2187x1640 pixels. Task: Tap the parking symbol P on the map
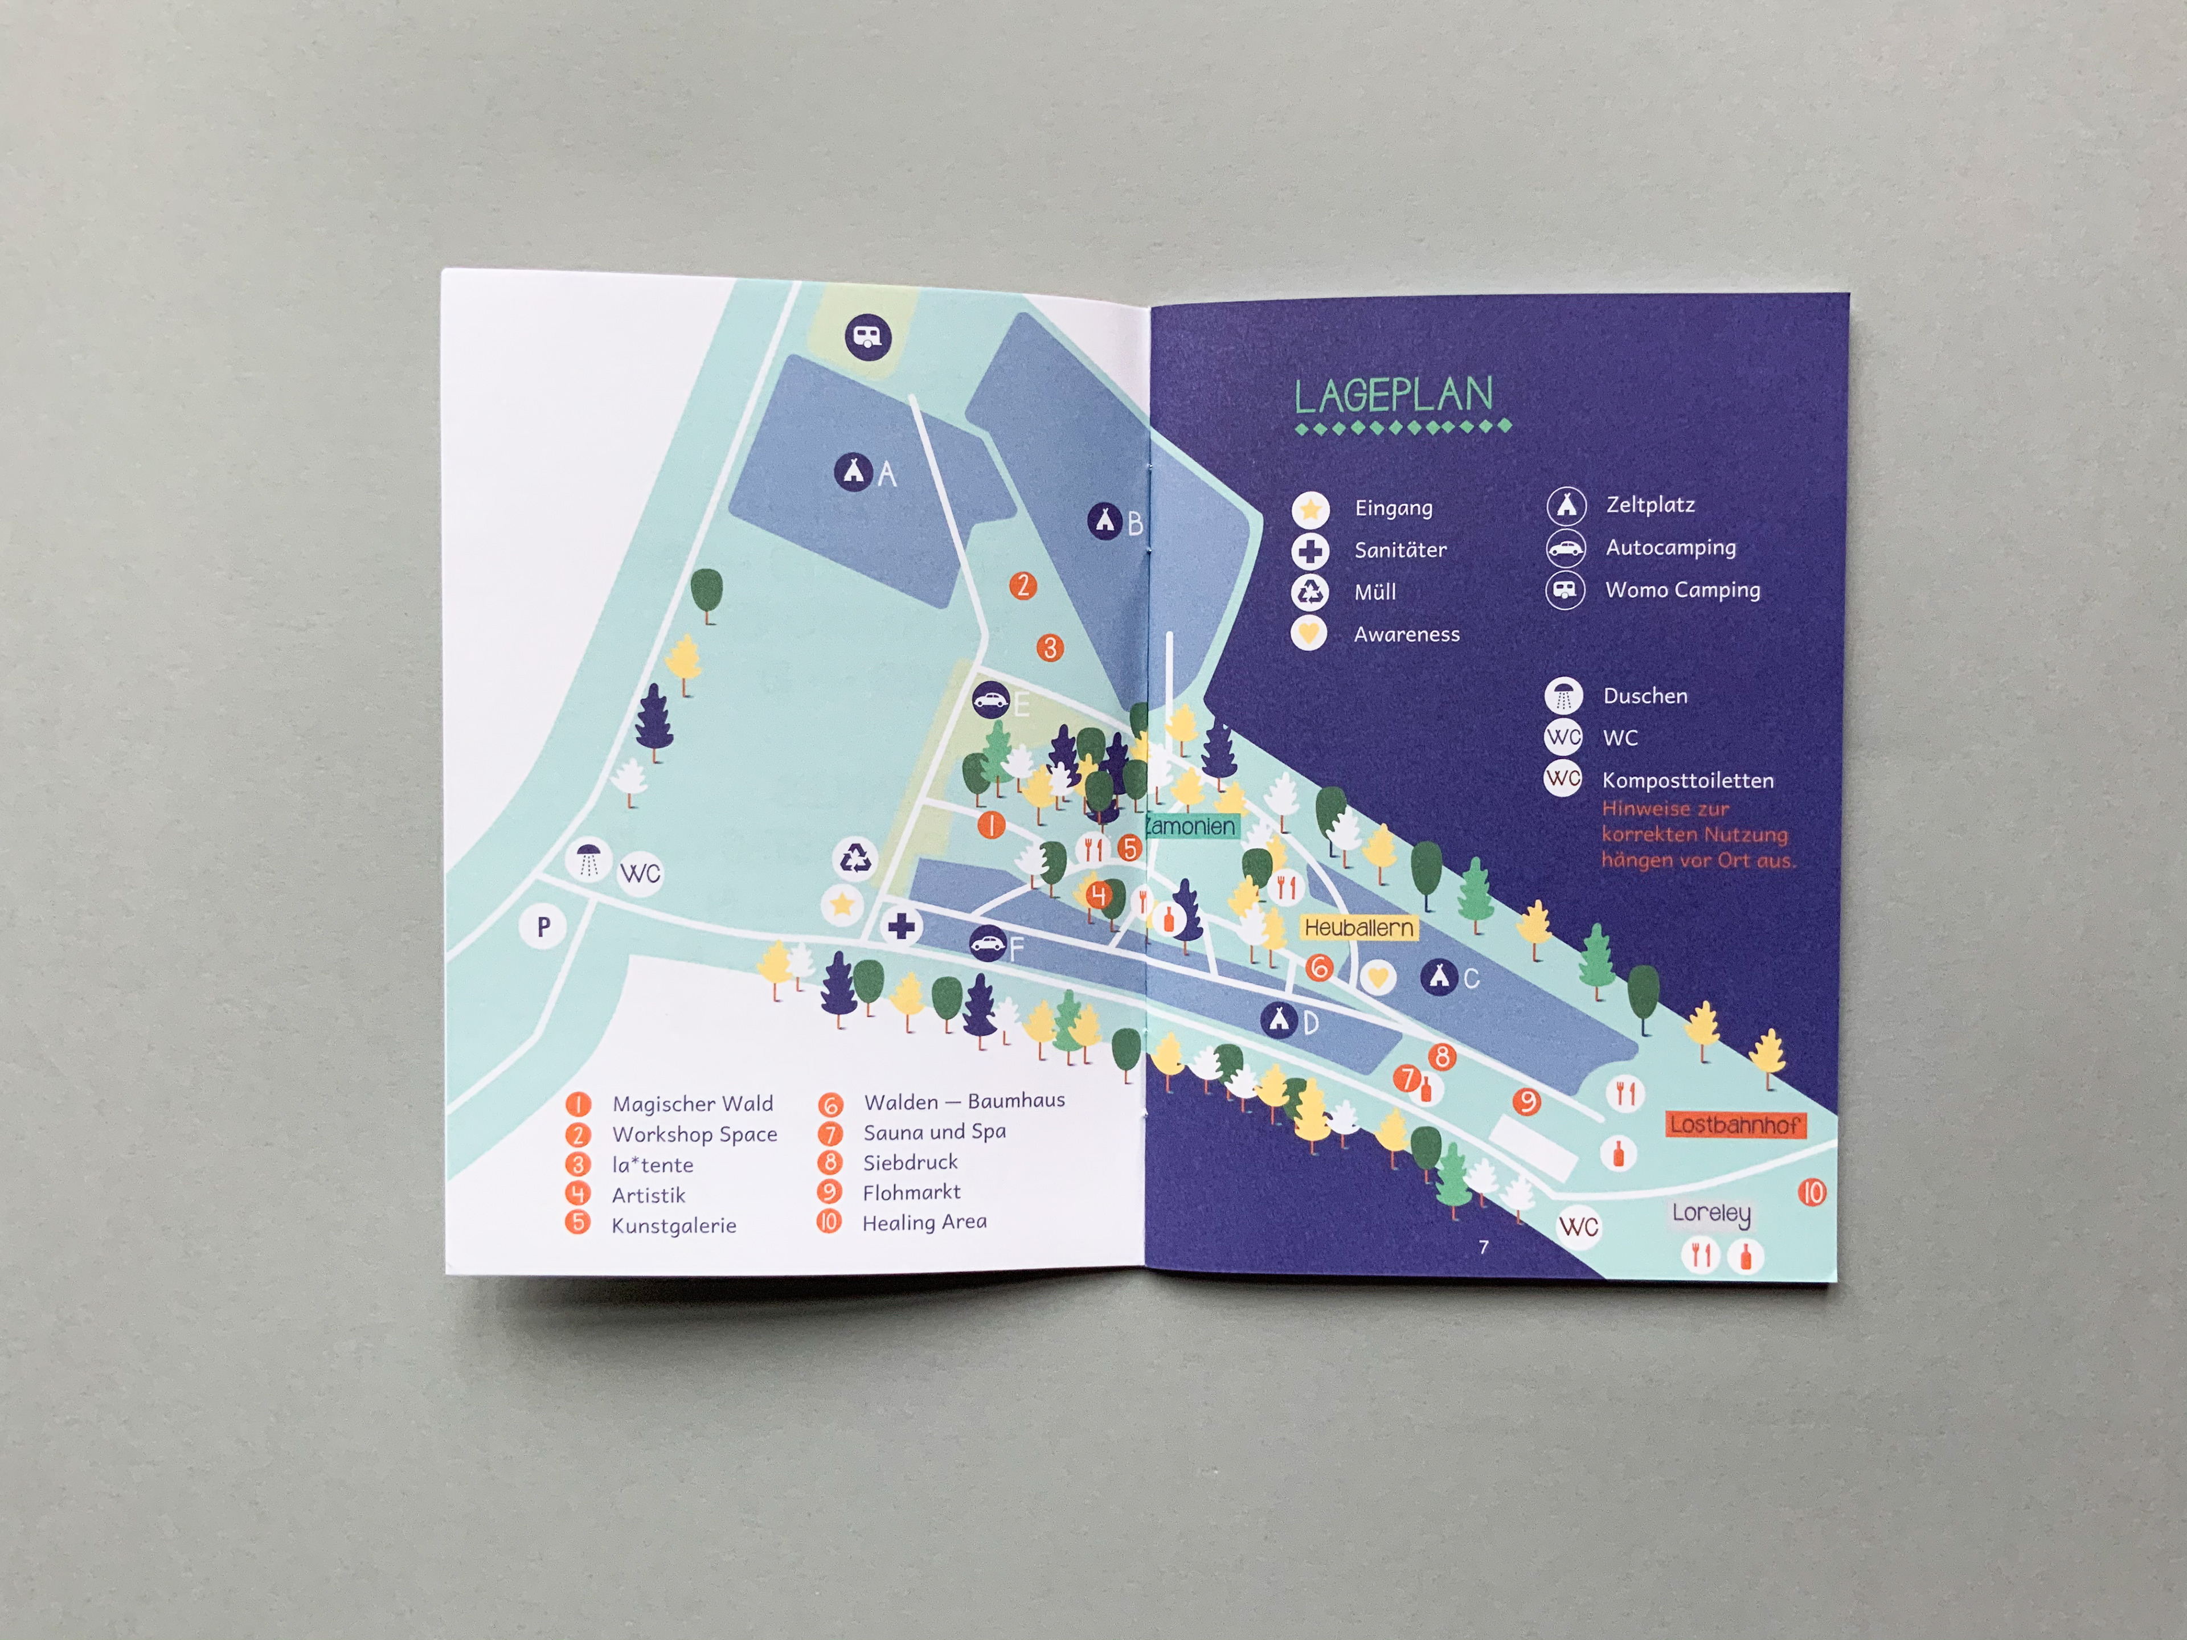point(543,927)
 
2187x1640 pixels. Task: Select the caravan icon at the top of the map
point(867,337)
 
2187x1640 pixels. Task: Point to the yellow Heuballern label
point(1358,927)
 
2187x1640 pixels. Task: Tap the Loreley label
point(1710,1213)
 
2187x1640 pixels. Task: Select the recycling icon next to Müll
point(1310,592)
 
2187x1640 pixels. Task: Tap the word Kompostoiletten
point(1687,780)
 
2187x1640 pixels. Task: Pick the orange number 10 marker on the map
point(1811,1192)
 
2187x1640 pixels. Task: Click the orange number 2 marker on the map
point(1022,585)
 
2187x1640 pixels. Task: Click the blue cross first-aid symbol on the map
point(900,926)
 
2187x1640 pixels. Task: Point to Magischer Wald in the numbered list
point(692,1103)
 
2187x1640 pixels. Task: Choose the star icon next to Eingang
point(1310,509)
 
